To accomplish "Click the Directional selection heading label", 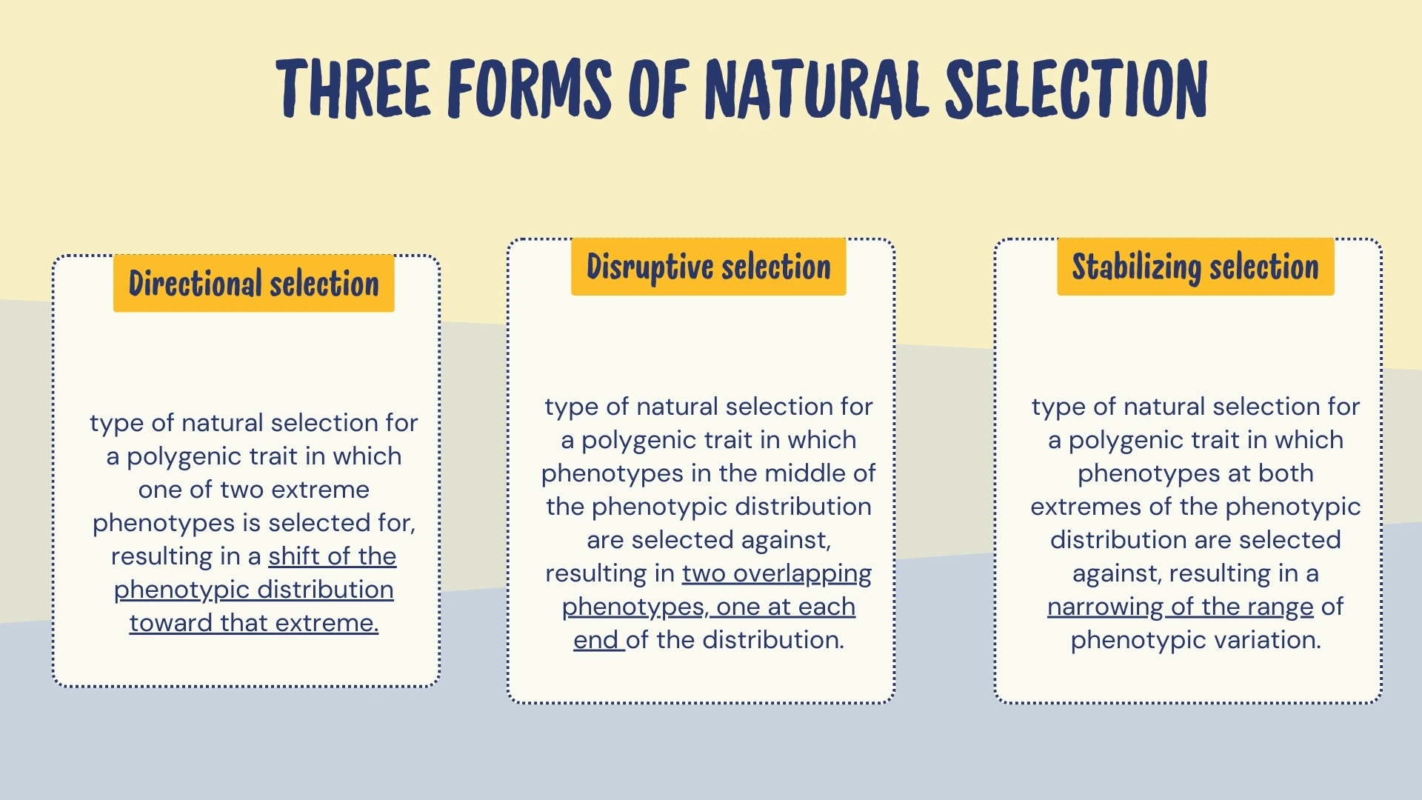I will [x=253, y=284].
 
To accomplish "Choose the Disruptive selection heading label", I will [x=708, y=267].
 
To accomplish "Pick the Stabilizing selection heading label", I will [x=1195, y=267].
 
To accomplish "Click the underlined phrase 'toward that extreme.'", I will [x=254, y=623].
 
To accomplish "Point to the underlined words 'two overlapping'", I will [x=776, y=573].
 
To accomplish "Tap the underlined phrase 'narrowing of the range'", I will [x=1180, y=607].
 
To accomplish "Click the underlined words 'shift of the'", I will [x=332, y=556].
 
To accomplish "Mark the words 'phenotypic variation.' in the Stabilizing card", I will [x=1195, y=640].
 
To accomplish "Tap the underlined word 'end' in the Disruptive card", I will [x=595, y=640].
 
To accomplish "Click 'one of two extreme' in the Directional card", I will [x=253, y=490].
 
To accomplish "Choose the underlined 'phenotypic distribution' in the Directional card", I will [x=253, y=590].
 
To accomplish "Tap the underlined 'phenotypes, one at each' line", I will [x=708, y=607].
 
